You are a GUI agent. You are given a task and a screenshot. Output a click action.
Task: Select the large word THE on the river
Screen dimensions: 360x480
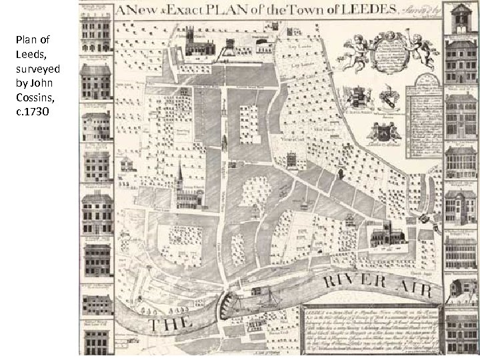(171, 324)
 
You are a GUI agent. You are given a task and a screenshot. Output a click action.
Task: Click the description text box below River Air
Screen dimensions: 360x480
(367, 331)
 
